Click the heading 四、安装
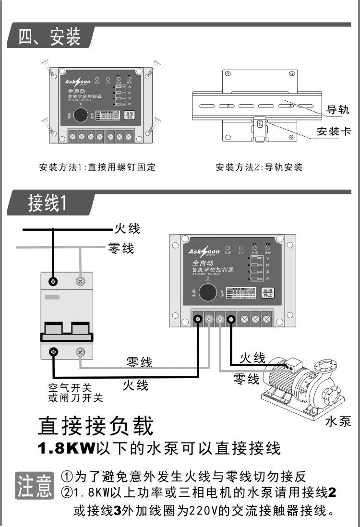coord(49,37)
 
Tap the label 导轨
coord(337,109)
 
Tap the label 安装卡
coord(334,131)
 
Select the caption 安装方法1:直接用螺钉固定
coord(97,168)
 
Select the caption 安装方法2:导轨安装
coord(259,168)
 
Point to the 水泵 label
coord(338,422)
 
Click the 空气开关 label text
coord(70,388)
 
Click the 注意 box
coord(35,486)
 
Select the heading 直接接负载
coord(96,425)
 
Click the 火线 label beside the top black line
coord(127,228)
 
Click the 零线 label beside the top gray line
coord(121,248)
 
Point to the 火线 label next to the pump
coord(252,358)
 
